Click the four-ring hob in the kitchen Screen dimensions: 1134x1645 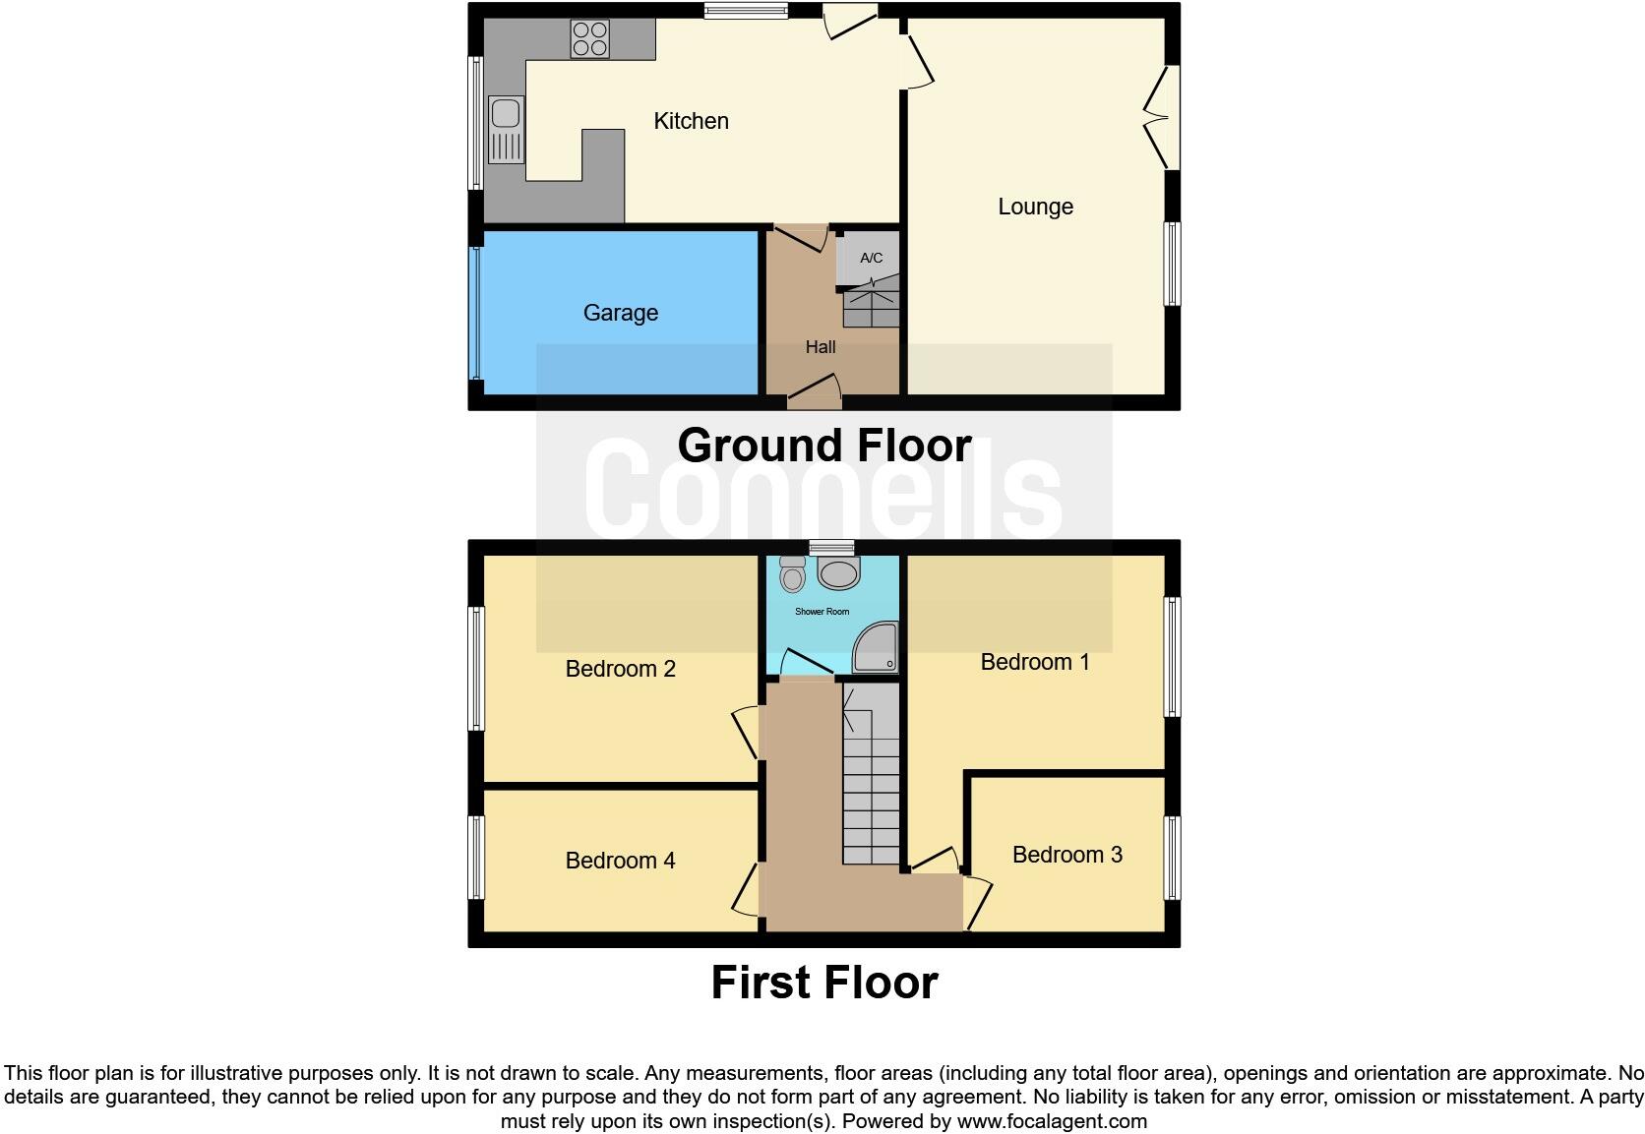590,38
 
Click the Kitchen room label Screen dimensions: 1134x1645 691,121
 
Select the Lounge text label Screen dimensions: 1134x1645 1035,207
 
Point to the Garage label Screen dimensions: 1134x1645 620,313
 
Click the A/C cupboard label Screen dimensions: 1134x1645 871,259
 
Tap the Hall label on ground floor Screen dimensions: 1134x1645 820,347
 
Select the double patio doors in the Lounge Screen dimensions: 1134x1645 1164,118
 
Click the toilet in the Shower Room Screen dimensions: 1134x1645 792,573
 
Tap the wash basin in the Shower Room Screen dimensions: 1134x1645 838,572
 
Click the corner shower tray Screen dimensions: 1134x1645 876,648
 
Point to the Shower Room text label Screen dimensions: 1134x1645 822,612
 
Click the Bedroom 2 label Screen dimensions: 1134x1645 620,669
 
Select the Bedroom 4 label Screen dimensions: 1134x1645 620,861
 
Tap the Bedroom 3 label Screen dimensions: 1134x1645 1066,855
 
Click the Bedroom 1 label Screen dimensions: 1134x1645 1035,662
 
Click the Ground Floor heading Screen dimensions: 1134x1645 823,446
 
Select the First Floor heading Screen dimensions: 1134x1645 823,983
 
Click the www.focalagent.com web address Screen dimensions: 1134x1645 1052,1121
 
